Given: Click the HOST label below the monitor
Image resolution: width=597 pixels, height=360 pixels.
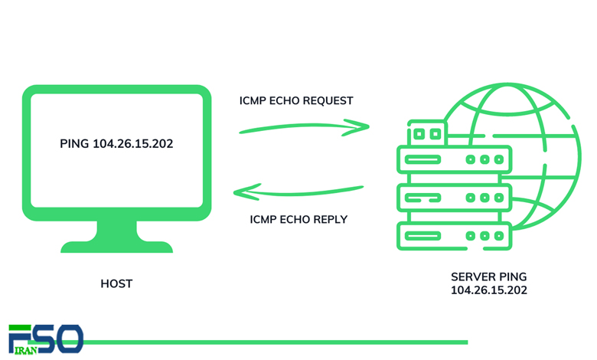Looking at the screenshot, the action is [x=116, y=284].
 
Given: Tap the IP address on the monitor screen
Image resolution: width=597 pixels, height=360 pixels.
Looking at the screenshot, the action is [x=133, y=144].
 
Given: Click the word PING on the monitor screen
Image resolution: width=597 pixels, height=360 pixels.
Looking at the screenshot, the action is [x=74, y=144].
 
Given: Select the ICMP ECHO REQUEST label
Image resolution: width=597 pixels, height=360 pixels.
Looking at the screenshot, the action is [x=296, y=100].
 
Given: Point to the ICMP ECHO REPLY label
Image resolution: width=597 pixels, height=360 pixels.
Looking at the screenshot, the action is [x=298, y=219].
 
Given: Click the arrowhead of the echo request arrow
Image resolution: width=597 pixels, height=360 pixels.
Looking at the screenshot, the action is [x=358, y=127].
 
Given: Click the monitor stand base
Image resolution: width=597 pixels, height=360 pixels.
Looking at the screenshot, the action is [x=116, y=247].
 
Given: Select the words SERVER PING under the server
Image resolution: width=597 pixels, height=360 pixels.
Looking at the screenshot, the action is [x=489, y=277].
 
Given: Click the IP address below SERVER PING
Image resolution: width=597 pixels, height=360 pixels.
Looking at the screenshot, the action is [x=489, y=290].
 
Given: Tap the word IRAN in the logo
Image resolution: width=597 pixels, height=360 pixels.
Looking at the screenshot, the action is [x=25, y=351].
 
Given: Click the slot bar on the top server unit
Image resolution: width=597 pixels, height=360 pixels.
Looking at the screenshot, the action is [x=422, y=159].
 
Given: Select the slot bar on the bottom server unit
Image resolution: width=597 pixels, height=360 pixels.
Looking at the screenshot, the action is [x=422, y=236].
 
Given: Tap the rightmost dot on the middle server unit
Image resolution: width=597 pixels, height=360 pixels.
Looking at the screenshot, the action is [x=499, y=198].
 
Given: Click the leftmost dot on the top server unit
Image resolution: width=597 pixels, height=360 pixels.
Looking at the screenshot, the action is [x=471, y=159].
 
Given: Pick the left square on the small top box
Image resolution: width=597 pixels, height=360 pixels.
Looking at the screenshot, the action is [x=419, y=134].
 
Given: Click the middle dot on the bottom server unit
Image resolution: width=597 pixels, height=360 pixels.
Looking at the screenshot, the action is [x=484, y=236].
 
